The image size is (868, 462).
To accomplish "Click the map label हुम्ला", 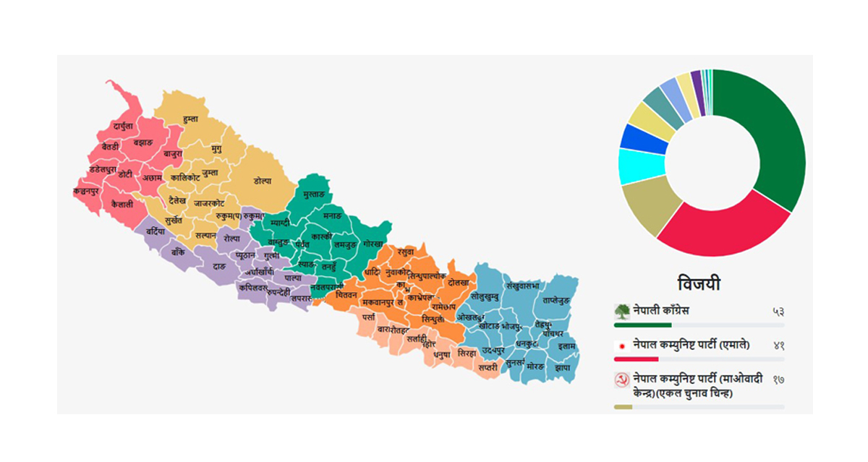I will coord(190,118).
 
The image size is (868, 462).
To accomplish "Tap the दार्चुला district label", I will coord(123,127).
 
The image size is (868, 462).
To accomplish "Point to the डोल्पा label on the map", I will coord(263,181).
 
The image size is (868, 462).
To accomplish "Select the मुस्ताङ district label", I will coord(314,195).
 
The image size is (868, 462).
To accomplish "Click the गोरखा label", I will coord(374,244).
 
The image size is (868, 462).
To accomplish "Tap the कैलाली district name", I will coord(122,205).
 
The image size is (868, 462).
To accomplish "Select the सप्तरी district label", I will coord(488,367).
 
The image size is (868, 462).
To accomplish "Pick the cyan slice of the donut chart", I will coord(640,166).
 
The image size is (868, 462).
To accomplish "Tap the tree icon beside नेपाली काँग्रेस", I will coord(622,312).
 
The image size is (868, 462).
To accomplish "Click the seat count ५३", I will coord(778,312).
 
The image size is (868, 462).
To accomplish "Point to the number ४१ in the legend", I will coord(778,345).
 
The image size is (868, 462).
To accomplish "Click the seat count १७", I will coord(778,380).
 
